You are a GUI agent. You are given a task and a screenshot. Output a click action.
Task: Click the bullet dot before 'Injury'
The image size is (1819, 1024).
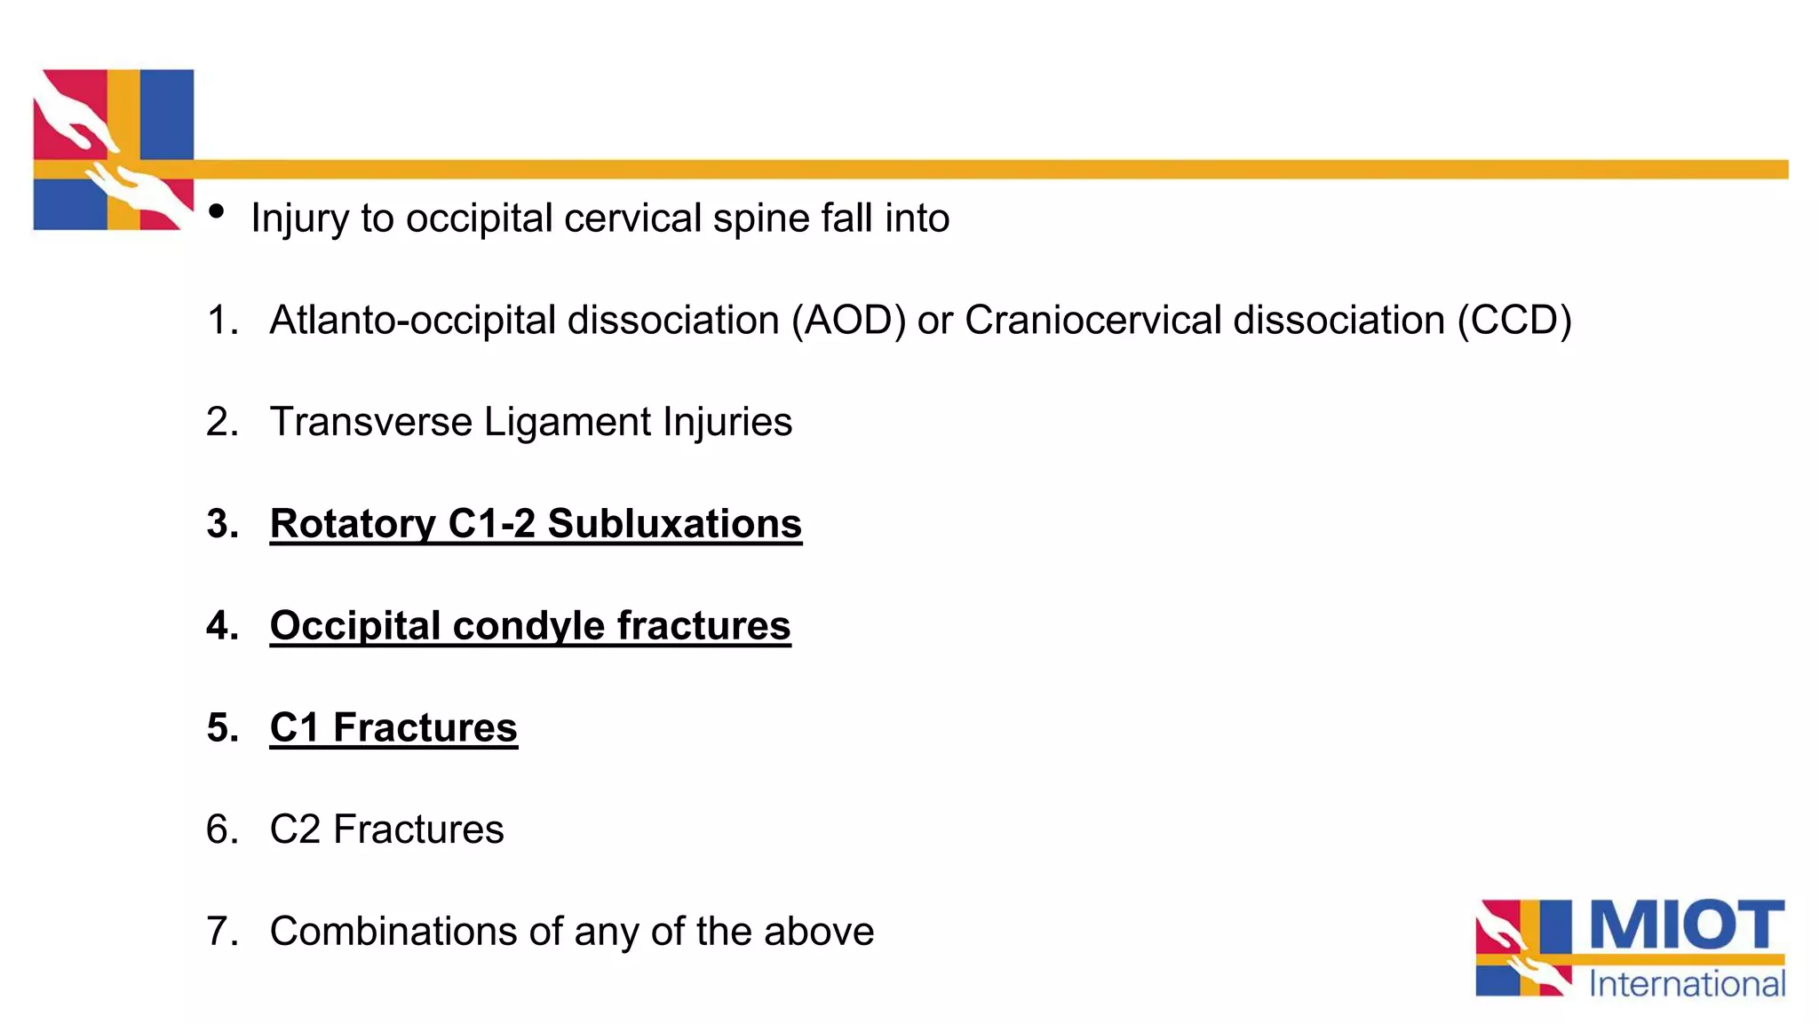point(217,212)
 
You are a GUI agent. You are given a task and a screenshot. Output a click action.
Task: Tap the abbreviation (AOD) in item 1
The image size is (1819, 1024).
point(848,321)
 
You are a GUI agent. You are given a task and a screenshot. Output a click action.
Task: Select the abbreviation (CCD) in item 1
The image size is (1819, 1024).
point(1514,321)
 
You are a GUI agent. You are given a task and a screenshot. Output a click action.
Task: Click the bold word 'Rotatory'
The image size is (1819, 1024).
point(353,524)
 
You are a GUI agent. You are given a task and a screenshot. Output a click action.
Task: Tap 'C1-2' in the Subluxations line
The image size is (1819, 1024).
point(491,524)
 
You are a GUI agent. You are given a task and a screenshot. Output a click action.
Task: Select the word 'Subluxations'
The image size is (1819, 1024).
point(674,524)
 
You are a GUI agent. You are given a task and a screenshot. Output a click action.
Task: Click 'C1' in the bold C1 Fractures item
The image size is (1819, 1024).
point(295,728)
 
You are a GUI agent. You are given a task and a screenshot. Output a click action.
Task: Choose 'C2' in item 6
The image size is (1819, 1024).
point(295,830)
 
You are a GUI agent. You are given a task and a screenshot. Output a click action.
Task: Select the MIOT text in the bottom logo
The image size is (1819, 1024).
point(1686,925)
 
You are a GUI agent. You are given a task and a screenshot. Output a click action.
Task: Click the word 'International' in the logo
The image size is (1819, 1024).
point(1686,984)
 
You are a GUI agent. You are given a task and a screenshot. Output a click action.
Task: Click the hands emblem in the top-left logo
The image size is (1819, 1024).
point(113,149)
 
